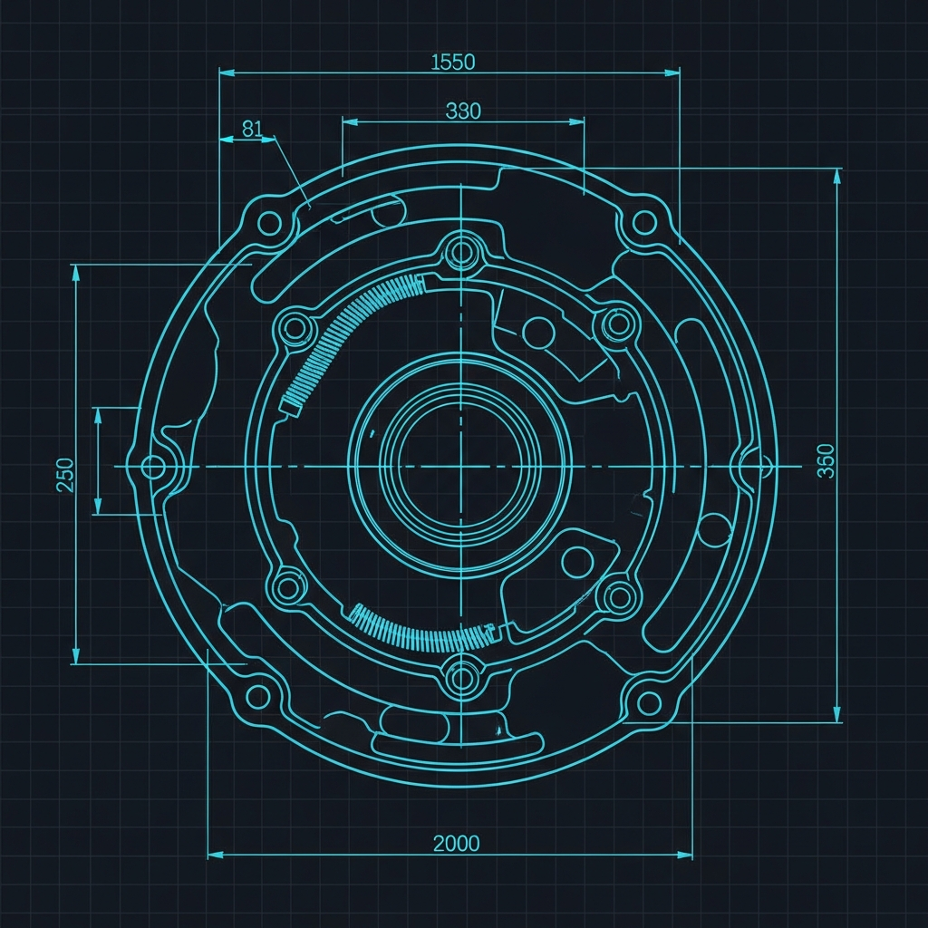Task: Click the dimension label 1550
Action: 453,63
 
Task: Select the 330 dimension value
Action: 463,111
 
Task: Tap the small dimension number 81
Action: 252,129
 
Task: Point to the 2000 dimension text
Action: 457,844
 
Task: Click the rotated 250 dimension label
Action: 65,475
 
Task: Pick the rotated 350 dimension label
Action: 826,460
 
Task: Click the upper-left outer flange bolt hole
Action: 270,223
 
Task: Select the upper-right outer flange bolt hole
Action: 644,223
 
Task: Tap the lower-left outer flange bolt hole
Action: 258,697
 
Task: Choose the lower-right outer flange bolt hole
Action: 649,703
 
